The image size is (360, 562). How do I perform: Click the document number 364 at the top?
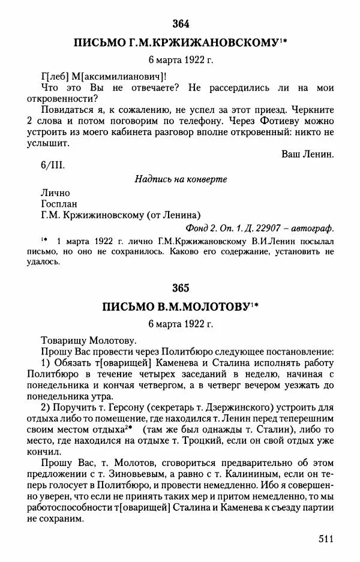pos(180,24)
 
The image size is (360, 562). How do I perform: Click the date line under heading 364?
pos(180,60)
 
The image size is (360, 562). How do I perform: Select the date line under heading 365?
pos(180,324)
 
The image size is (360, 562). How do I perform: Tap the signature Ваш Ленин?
pos(307,154)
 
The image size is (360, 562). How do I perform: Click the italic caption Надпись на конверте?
pos(180,179)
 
